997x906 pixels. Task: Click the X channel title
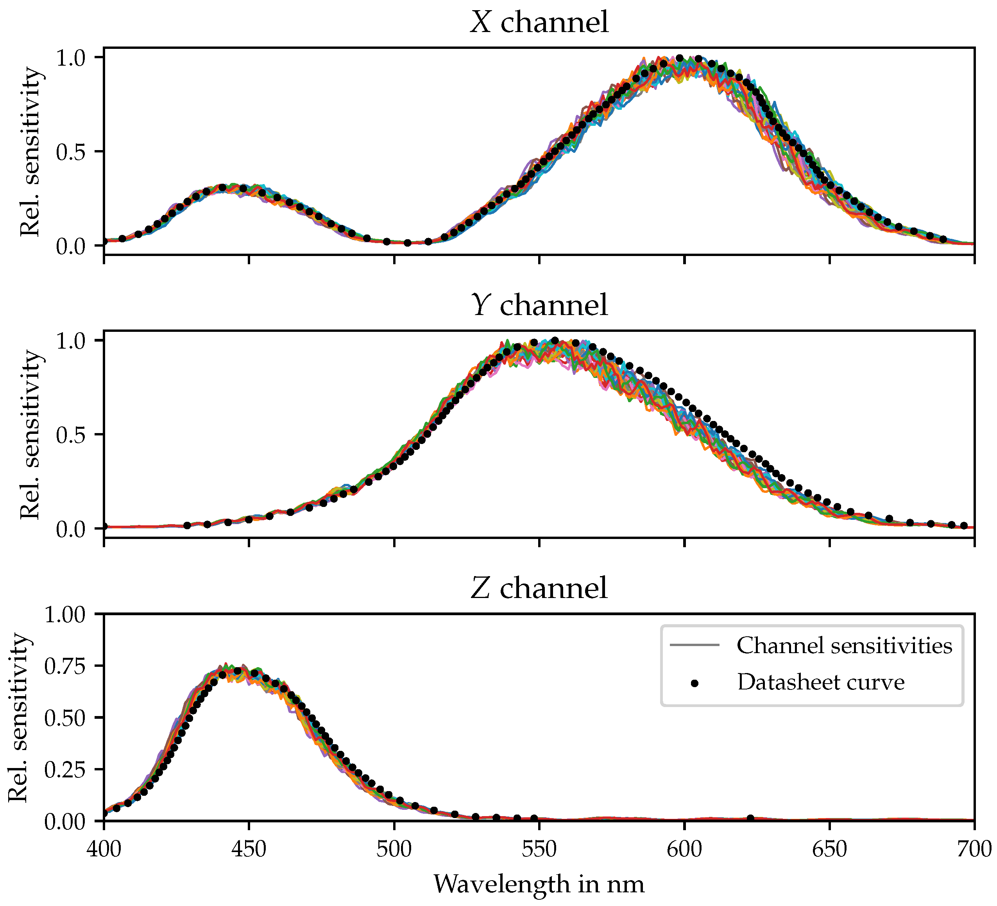[539, 23]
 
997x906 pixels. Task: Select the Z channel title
[539, 588]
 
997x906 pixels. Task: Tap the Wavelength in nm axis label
[539, 884]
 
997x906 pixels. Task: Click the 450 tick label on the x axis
[248, 850]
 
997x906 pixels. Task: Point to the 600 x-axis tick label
[684, 850]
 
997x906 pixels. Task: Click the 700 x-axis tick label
[973, 850]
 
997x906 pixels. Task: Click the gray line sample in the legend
[694, 645]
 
